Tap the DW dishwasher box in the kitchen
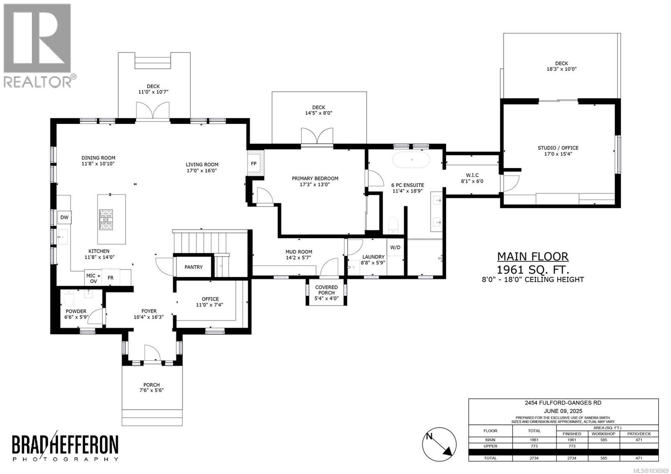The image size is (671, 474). (x=65, y=217)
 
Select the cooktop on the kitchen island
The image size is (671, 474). (x=106, y=220)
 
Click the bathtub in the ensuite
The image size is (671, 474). (x=411, y=160)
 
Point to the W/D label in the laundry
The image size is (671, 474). (x=395, y=247)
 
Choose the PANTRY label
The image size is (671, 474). (x=193, y=267)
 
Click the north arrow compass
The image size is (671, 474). (x=440, y=444)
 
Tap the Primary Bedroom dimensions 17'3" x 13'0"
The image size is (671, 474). (x=315, y=185)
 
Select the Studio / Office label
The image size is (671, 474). (x=558, y=148)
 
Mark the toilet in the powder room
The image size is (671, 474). (x=69, y=297)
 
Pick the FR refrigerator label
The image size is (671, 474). (x=111, y=278)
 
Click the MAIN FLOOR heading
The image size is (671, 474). (x=533, y=257)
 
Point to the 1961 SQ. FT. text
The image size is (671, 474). (x=533, y=270)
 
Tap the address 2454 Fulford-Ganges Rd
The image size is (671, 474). (x=563, y=403)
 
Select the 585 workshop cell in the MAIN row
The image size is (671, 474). (x=603, y=440)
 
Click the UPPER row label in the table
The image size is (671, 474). (x=490, y=446)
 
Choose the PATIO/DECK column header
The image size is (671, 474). (x=639, y=434)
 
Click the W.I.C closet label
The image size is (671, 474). (x=472, y=175)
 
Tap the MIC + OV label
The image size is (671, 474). (x=94, y=279)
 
